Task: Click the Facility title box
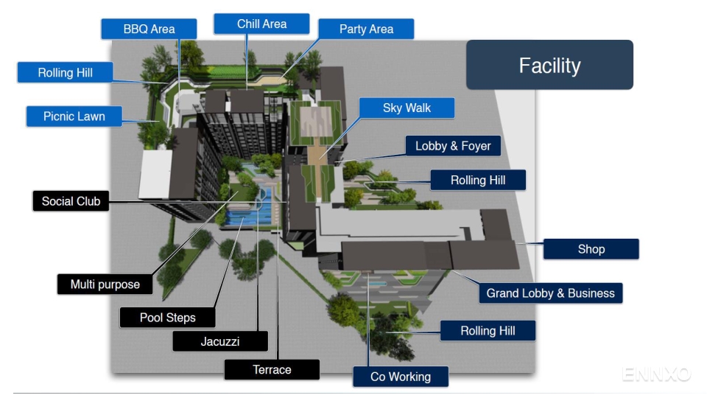pyautogui.click(x=549, y=66)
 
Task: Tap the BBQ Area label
pyautogui.click(x=149, y=29)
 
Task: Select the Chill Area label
pyautogui.click(x=261, y=24)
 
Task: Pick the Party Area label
pyautogui.click(x=366, y=29)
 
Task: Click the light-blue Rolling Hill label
pyautogui.click(x=65, y=73)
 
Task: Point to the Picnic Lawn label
pyautogui.click(x=74, y=116)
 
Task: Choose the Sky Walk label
pyautogui.click(x=407, y=108)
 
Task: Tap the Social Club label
pyautogui.click(x=71, y=201)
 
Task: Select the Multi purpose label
pyautogui.click(x=105, y=284)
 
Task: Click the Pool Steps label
pyautogui.click(x=168, y=318)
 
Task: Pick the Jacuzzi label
pyautogui.click(x=220, y=341)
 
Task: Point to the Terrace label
pyautogui.click(x=272, y=370)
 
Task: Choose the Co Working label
pyautogui.click(x=400, y=377)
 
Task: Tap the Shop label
pyautogui.click(x=591, y=249)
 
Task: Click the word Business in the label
pyautogui.click(x=585, y=293)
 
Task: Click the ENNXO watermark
pyautogui.click(x=656, y=374)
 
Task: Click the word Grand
pyautogui.click(x=502, y=293)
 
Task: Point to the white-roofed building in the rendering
pyautogui.click(x=155, y=173)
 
